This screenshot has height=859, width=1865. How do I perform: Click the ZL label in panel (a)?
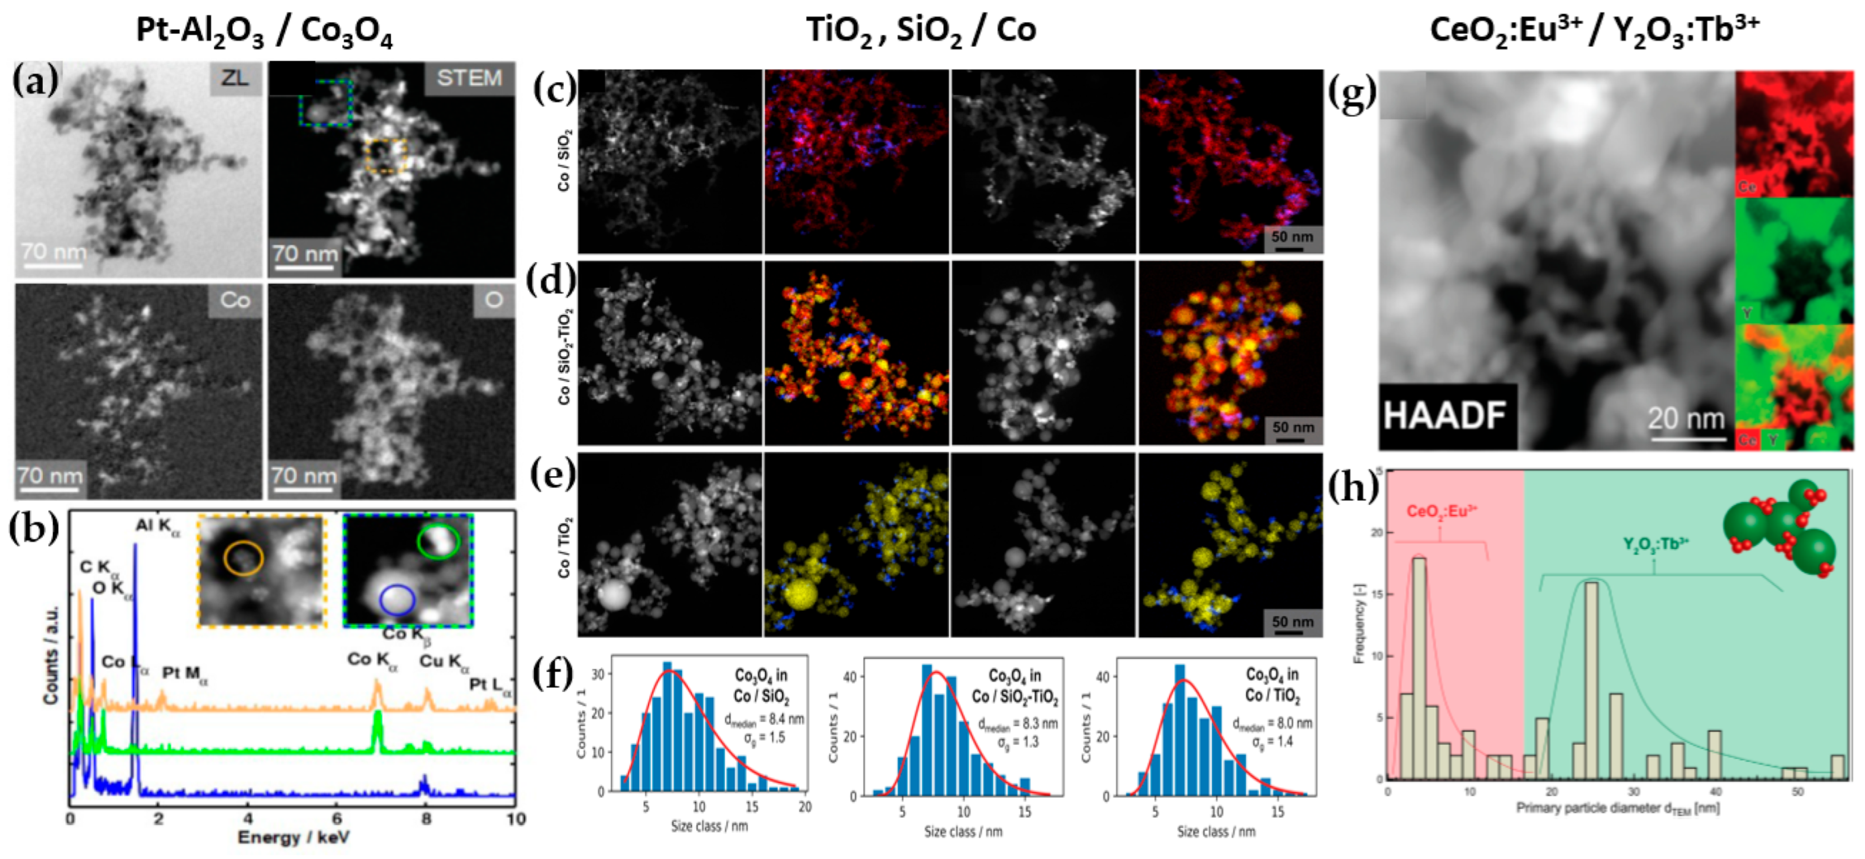click(235, 78)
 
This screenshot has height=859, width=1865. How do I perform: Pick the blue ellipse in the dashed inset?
click(397, 600)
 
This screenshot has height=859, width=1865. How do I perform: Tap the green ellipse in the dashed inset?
click(438, 540)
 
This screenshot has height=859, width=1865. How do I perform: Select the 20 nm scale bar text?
click(1685, 419)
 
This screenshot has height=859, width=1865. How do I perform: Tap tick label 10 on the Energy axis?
click(515, 819)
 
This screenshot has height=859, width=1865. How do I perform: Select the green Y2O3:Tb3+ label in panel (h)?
click(1655, 544)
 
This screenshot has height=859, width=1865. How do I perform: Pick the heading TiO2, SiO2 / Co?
click(921, 30)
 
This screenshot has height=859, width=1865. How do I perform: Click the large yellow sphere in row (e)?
click(800, 592)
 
